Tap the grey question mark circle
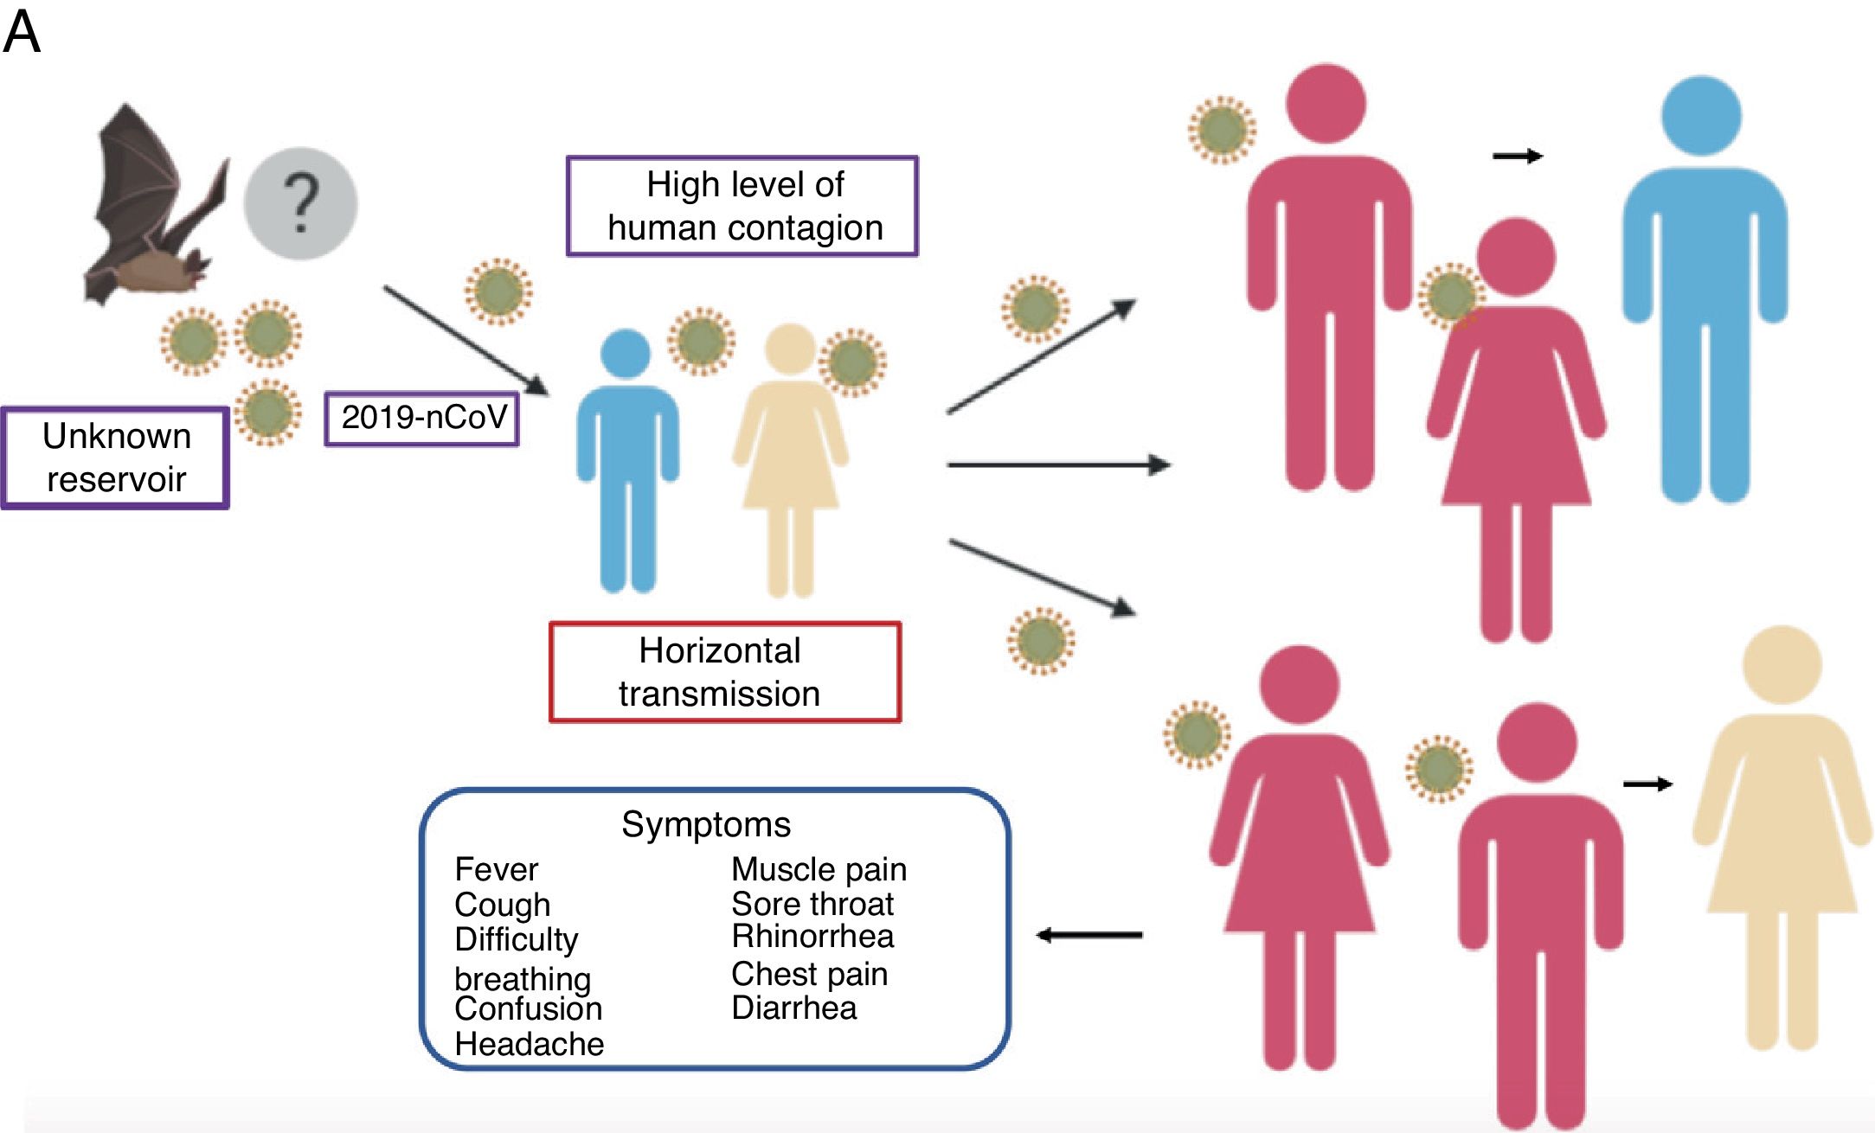(x=300, y=203)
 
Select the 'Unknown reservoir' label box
(x=115, y=458)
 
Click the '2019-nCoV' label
(x=422, y=419)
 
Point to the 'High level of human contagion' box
(x=742, y=206)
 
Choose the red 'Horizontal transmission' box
(x=725, y=672)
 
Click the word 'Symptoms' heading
(x=706, y=824)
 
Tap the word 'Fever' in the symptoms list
(x=496, y=869)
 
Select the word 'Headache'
(x=530, y=1044)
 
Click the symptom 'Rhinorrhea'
(x=812, y=936)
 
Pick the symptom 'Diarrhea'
(x=794, y=1008)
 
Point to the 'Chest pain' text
(x=810, y=974)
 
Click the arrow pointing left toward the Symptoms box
(x=1089, y=935)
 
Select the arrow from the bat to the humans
(x=466, y=341)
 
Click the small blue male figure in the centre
(x=627, y=461)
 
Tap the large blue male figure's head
(x=1702, y=116)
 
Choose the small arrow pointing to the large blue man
(x=1518, y=156)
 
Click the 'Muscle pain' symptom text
(x=819, y=869)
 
